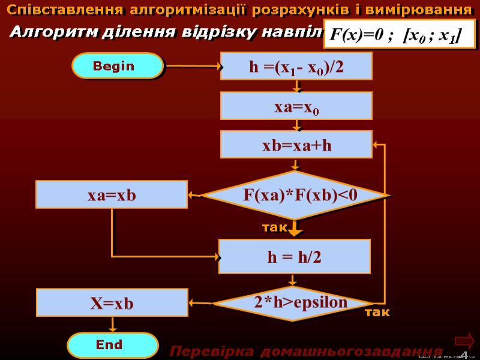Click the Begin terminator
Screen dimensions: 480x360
117,66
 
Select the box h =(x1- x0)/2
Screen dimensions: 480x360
296,66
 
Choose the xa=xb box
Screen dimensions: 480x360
112,195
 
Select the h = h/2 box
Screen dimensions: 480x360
294,257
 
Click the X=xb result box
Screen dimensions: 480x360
112,303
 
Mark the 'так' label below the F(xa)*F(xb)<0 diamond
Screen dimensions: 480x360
275,227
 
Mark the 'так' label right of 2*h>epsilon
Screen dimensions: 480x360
377,313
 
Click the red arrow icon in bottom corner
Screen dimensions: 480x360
464,341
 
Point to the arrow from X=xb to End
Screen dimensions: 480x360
112,324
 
